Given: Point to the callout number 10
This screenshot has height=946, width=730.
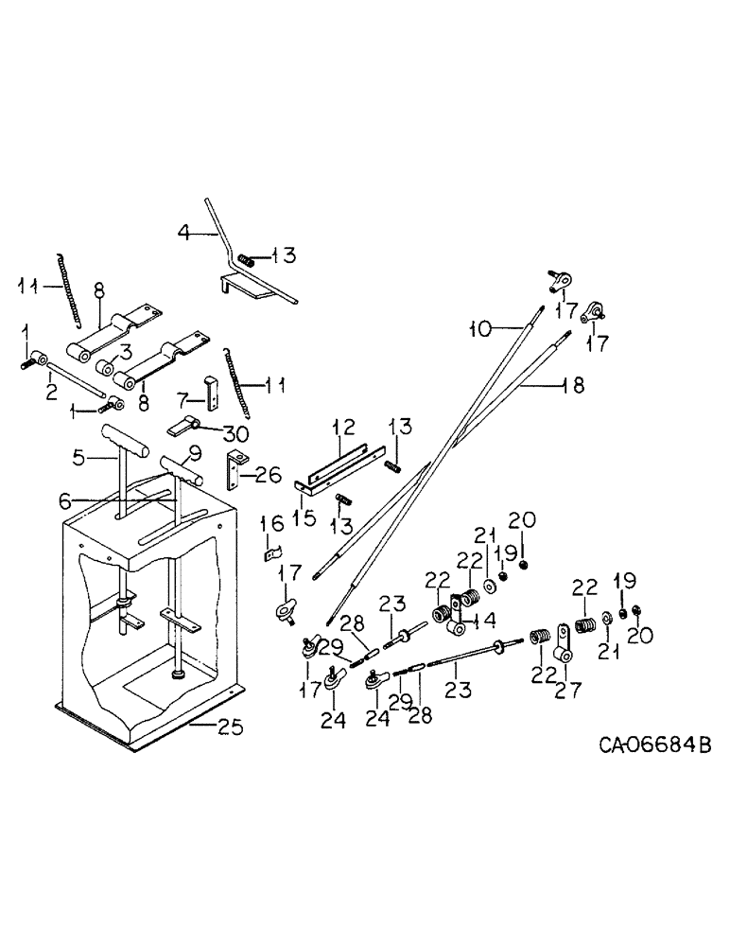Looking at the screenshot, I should (x=480, y=329).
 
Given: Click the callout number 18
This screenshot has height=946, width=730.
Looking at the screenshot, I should (x=573, y=385).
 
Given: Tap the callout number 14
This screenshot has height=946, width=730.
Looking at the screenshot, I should (x=488, y=622).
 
